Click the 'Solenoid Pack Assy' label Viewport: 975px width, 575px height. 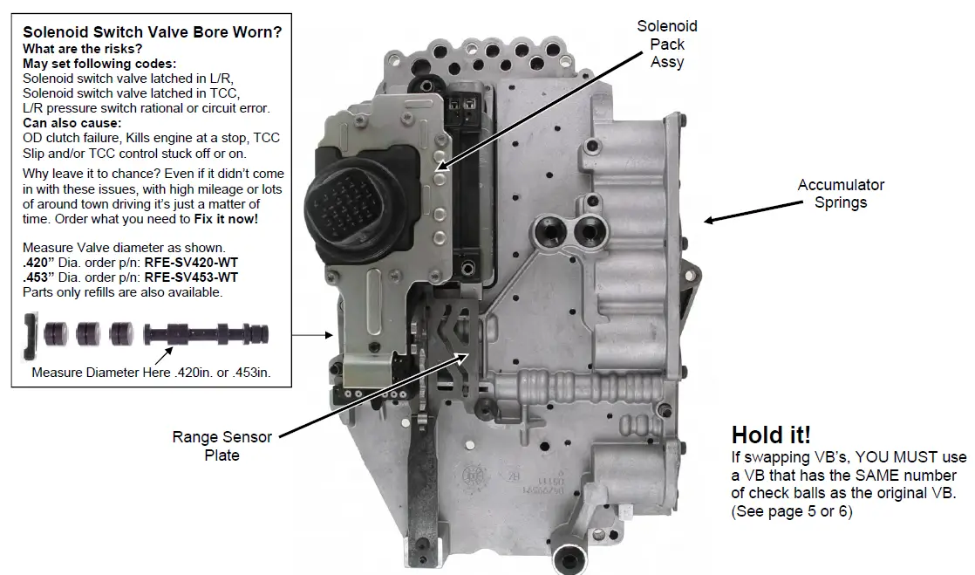[x=667, y=44]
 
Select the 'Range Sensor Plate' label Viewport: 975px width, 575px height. [x=222, y=446]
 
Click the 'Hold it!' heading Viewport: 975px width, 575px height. [x=772, y=435]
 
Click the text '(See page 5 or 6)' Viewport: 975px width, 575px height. [x=791, y=511]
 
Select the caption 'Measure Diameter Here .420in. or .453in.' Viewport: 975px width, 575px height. [x=151, y=373]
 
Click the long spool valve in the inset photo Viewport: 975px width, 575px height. [x=208, y=334]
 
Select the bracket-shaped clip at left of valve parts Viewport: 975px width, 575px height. [x=30, y=337]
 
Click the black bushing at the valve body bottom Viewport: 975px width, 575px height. [x=573, y=555]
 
